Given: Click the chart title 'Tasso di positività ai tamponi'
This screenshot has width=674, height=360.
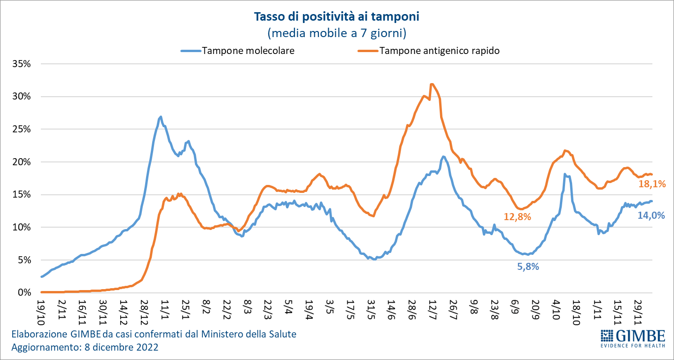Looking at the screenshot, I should coord(336,17).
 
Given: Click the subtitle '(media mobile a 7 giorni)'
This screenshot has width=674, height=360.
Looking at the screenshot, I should coord(336,33).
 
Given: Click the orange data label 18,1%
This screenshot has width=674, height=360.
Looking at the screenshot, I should coord(652,184).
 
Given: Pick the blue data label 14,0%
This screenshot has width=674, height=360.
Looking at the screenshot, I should coord(651,215).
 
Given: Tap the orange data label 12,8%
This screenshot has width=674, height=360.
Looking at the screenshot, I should coord(517,217).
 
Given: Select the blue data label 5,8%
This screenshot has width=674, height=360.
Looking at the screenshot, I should coord(528,267).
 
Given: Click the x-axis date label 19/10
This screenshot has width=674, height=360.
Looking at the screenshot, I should coord(41,308).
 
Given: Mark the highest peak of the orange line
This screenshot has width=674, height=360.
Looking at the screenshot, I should coord(431,84).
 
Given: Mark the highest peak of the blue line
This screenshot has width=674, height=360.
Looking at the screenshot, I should coord(161,117).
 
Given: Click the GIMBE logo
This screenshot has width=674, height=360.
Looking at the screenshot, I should coord(633,338).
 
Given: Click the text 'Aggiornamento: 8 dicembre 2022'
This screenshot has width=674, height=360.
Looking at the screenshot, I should coord(85,348).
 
